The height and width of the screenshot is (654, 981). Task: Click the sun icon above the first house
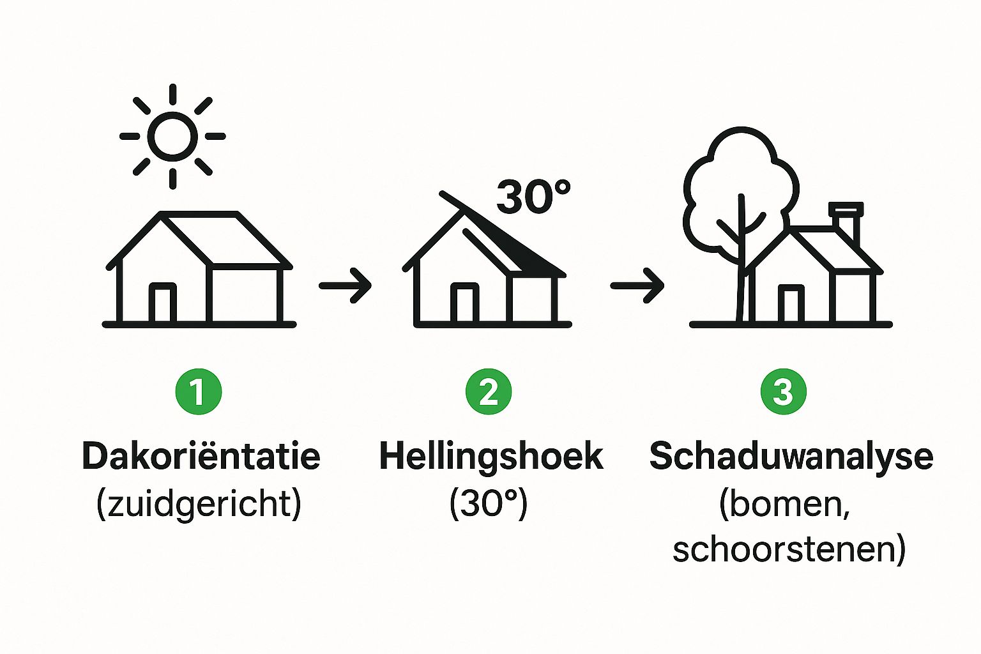172,136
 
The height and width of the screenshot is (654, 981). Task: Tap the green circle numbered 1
199,392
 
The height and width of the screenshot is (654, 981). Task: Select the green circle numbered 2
489,392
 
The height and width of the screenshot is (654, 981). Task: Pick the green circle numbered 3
784,392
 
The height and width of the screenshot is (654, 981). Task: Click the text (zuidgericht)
199,504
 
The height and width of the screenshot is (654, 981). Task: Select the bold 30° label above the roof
533,197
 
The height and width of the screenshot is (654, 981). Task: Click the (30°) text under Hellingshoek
489,504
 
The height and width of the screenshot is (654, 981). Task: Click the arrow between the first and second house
345,286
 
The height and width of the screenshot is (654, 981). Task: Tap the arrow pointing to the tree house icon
637,286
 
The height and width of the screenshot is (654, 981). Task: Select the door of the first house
163,303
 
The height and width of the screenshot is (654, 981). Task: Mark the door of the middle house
465,303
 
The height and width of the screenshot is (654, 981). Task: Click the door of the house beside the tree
791,305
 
